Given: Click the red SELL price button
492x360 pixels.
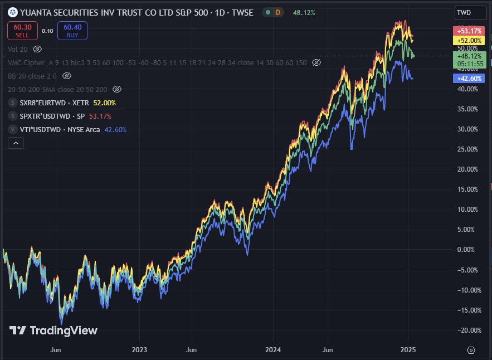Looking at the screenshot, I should [22, 31].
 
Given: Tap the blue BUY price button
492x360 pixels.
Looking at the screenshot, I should [72, 31].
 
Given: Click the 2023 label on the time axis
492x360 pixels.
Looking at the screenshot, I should [139, 350].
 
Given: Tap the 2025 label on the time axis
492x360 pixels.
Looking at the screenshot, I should [408, 350].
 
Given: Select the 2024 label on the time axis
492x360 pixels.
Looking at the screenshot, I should [274, 350].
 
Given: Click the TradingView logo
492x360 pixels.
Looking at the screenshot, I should [53, 330].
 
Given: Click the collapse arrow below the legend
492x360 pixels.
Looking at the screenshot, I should [16, 143].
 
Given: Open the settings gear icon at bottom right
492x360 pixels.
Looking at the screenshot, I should [471, 350].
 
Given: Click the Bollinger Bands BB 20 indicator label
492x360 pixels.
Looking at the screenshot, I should [32, 76].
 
